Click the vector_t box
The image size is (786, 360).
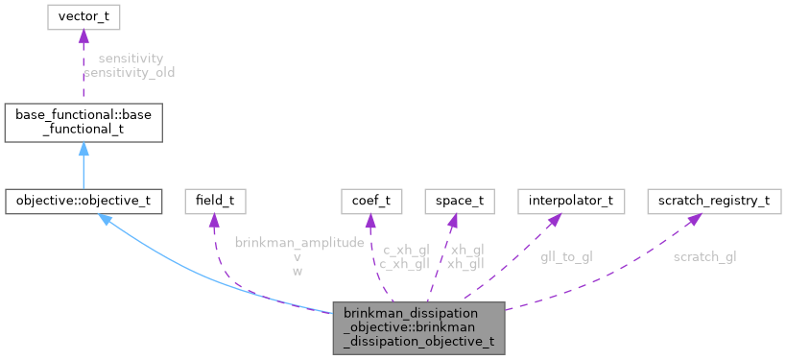tap(83, 17)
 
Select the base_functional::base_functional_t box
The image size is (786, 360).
tap(83, 121)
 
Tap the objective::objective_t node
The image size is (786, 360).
tap(83, 202)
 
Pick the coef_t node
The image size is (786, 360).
tap(371, 202)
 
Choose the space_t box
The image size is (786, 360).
tap(459, 202)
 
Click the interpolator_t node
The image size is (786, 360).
tap(570, 202)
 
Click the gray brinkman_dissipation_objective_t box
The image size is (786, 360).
tap(418, 327)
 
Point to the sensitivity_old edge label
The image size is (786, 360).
tap(129, 72)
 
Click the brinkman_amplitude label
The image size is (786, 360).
tap(299, 244)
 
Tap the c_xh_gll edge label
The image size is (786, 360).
tap(404, 264)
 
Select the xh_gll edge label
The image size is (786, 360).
tap(465, 264)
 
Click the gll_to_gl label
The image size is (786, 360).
tap(566, 256)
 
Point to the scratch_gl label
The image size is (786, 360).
tap(704, 256)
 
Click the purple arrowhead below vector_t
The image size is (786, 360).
tap(83, 36)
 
